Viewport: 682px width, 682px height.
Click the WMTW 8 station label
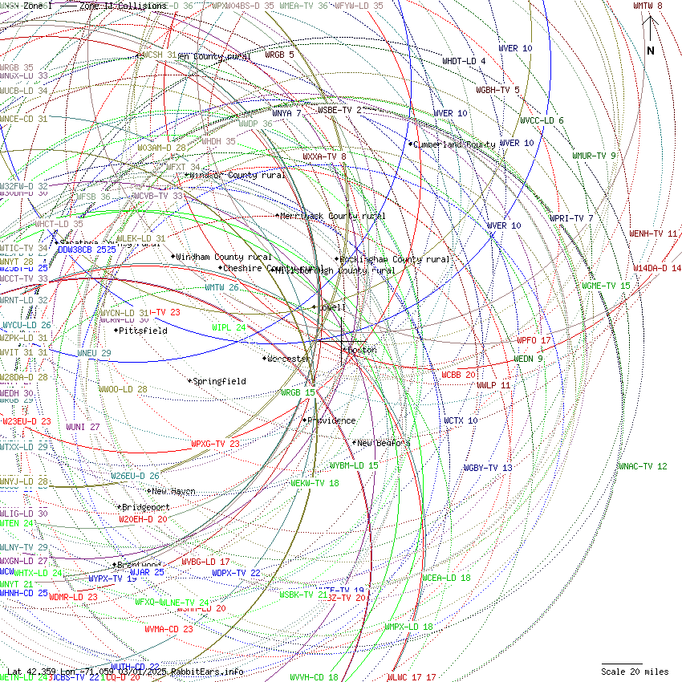point(647,6)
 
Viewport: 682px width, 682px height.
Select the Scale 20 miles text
point(635,672)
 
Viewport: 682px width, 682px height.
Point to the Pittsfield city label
point(143,330)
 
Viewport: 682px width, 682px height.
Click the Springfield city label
point(219,381)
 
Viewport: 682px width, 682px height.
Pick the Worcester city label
point(289,359)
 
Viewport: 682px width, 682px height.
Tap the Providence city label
point(331,420)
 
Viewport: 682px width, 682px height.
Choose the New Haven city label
point(173,491)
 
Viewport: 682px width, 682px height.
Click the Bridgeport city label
point(145,507)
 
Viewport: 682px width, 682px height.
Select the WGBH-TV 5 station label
point(498,90)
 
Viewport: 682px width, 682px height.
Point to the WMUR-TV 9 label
point(594,156)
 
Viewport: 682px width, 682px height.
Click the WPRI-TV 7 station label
point(571,218)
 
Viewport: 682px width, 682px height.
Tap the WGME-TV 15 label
point(607,286)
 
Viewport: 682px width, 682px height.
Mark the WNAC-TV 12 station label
point(643,466)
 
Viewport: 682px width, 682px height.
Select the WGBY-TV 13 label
point(488,468)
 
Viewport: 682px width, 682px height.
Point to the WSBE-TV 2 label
point(339,110)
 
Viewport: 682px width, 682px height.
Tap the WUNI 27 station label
point(83,427)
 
